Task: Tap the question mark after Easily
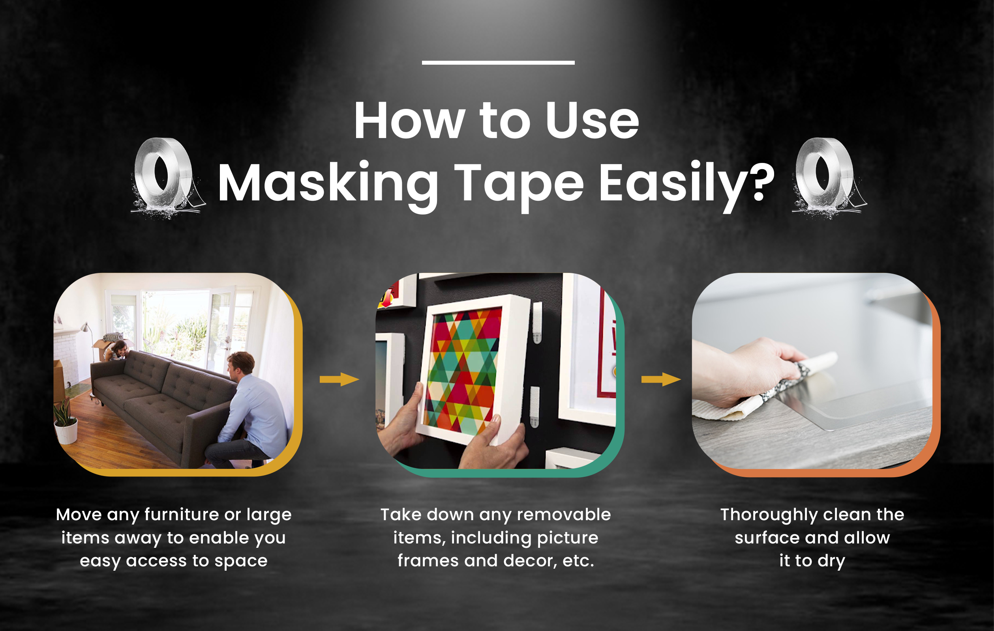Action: [758, 182]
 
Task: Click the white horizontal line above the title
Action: [498, 63]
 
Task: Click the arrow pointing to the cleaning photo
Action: [660, 379]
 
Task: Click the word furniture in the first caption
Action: [182, 515]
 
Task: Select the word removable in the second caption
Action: [563, 515]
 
